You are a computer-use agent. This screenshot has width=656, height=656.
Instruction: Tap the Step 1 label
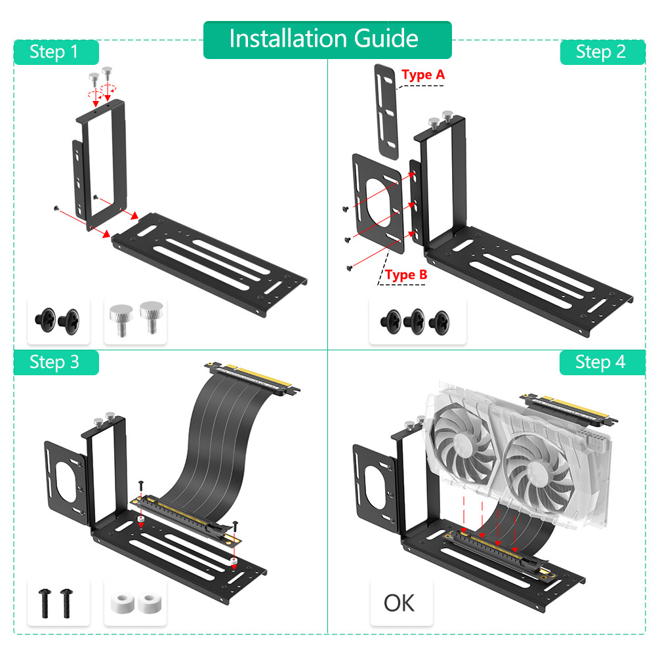click(x=56, y=52)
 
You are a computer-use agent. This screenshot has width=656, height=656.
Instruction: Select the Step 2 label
click(x=602, y=52)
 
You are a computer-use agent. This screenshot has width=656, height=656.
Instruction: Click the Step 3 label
click(x=56, y=362)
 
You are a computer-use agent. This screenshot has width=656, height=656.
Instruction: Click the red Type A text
click(x=423, y=75)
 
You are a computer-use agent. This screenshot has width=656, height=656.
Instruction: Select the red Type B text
click(x=406, y=275)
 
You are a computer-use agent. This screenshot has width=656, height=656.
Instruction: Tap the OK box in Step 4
click(x=400, y=602)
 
